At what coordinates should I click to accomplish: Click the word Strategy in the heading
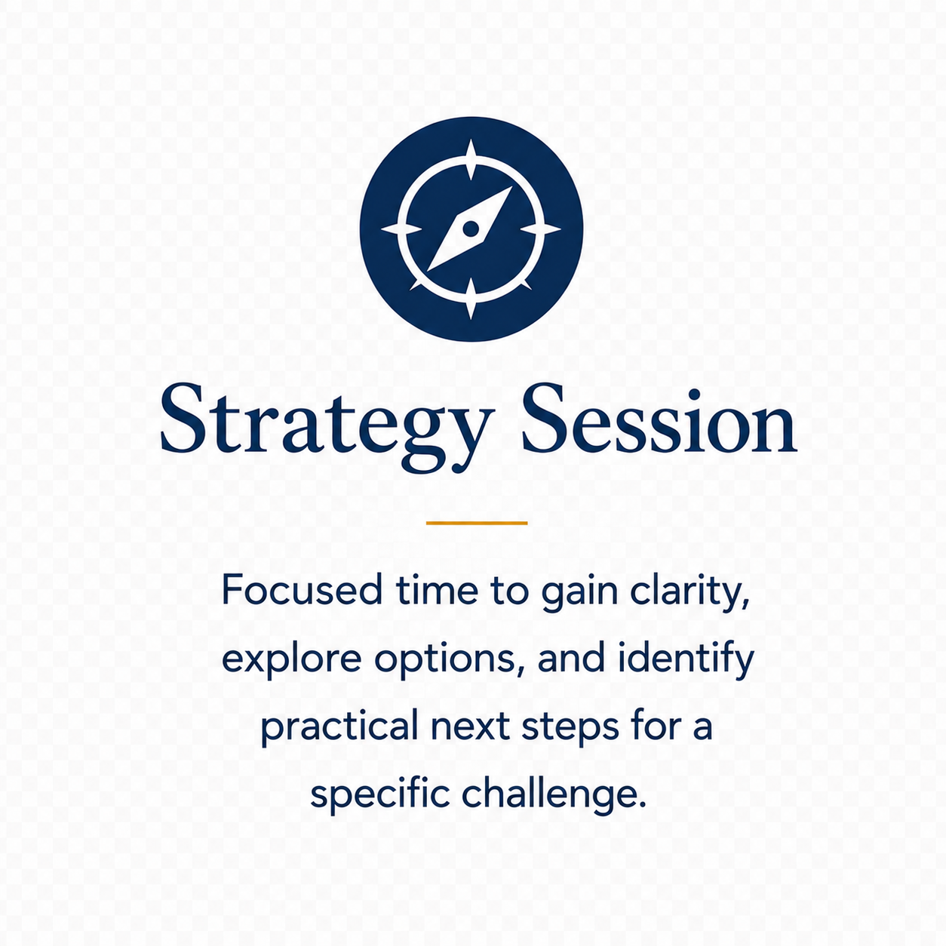coord(326,427)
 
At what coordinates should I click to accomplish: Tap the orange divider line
coord(477,524)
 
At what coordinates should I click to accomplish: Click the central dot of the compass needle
coord(471,229)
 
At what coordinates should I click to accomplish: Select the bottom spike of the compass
coord(471,299)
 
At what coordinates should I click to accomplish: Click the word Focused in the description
coord(303,590)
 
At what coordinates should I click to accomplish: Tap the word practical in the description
coord(339,727)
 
